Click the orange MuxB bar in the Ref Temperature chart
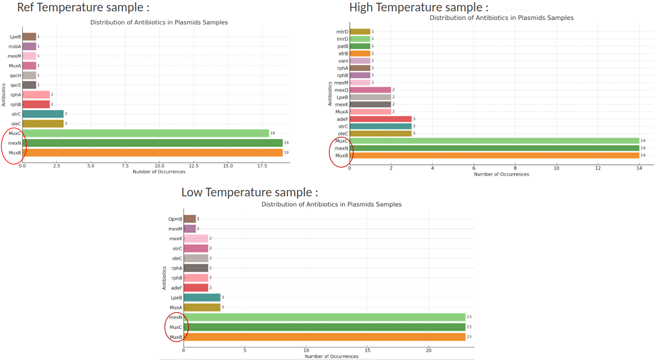pyautogui.click(x=152, y=153)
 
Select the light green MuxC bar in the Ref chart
pyautogui.click(x=146, y=133)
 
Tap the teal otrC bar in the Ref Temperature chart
pyautogui.click(x=43, y=114)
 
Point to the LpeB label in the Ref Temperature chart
pyautogui.click(x=15, y=36)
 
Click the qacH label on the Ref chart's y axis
pyautogui.click(x=15, y=75)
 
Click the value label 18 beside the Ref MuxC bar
pyautogui.click(x=272, y=133)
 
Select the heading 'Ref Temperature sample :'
pyautogui.click(x=83, y=7)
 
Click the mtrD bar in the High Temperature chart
pyautogui.click(x=360, y=31)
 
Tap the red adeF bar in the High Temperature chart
pyautogui.click(x=380, y=119)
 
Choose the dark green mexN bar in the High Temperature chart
pyautogui.click(x=494, y=148)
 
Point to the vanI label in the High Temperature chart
pyautogui.click(x=343, y=60)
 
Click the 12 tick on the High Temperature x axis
pyautogui.click(x=598, y=168)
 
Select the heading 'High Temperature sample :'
pyautogui.click(x=419, y=7)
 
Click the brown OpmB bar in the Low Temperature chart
pyautogui.click(x=190, y=219)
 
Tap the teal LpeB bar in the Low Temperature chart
pyautogui.click(x=202, y=297)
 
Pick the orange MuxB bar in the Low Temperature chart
pyautogui.click(x=324, y=337)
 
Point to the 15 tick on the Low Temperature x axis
pyautogui.click(x=367, y=350)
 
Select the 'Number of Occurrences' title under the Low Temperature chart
pyautogui.click(x=331, y=356)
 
